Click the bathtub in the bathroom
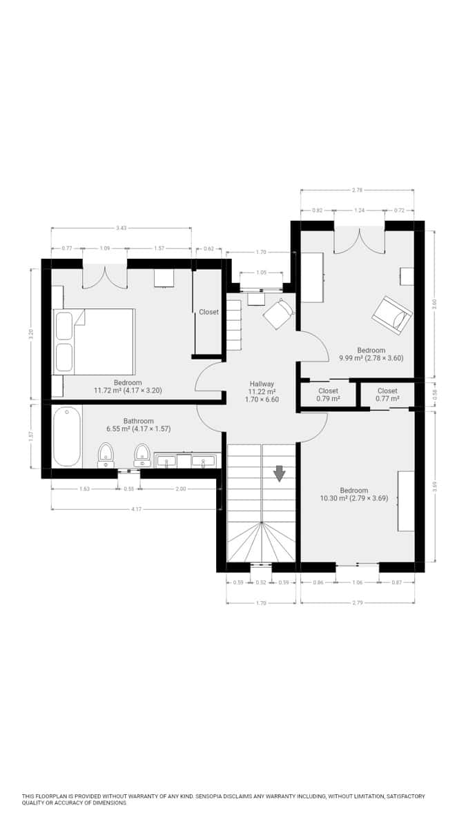(67, 436)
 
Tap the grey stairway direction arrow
(280, 473)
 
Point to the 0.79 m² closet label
(328, 395)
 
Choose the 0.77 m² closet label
(387, 395)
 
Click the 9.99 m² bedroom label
(371, 354)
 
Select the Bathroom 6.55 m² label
(138, 424)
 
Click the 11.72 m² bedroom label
(128, 386)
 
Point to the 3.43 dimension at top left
(122, 228)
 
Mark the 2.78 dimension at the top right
(357, 190)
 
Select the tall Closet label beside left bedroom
(208, 312)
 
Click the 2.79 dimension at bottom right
(357, 602)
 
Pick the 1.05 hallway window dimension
(261, 273)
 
